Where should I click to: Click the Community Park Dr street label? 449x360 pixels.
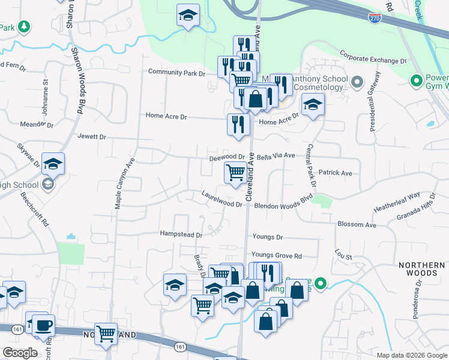click(x=176, y=73)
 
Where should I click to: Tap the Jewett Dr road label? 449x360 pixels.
click(x=91, y=137)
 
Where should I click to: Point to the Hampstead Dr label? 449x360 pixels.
click(x=181, y=233)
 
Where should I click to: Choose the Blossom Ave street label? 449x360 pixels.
click(x=357, y=224)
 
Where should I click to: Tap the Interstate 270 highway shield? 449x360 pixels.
click(x=375, y=19)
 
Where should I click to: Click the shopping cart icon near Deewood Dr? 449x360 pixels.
click(x=235, y=173)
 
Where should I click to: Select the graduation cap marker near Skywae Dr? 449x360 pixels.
click(x=53, y=164)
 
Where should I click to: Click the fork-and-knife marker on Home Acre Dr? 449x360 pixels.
click(x=238, y=124)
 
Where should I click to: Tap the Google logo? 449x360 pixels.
click(x=20, y=352)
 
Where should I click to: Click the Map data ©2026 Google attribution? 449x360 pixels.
click(x=411, y=355)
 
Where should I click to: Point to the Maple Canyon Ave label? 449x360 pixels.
click(x=124, y=184)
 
